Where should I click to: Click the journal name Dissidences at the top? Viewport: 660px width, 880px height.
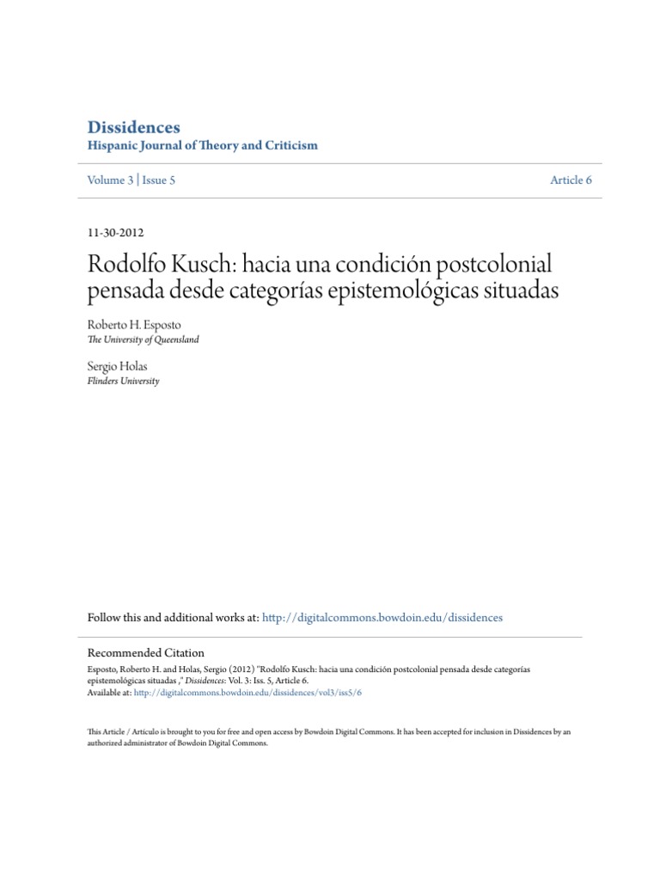(x=133, y=127)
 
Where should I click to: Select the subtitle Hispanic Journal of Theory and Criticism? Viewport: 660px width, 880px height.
(x=203, y=145)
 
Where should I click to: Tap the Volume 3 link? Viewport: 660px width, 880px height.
(x=113, y=180)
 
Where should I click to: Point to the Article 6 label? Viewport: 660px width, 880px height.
(x=571, y=180)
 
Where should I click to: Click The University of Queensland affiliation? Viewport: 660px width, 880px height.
(x=143, y=340)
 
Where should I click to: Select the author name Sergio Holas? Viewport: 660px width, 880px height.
(x=117, y=367)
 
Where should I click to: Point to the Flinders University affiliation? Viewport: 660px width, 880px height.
(x=123, y=381)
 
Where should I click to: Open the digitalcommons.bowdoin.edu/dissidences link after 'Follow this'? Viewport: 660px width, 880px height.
(x=382, y=617)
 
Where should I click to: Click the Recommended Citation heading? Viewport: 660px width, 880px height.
(x=146, y=653)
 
